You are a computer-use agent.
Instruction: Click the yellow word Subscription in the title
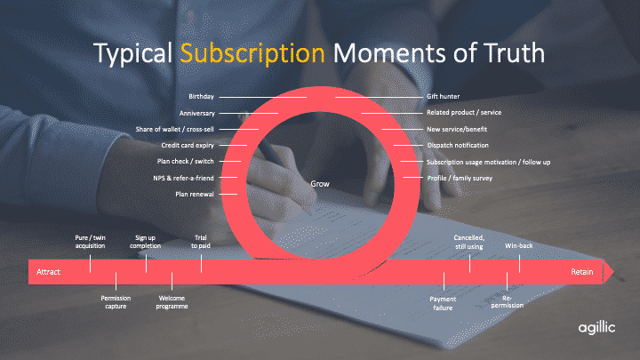[252, 54]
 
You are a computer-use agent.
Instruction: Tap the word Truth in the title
[515, 52]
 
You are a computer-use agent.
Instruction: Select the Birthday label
[201, 97]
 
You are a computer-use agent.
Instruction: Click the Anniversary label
[196, 113]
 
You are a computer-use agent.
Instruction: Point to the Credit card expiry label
[188, 145]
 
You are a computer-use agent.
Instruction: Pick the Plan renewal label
[195, 195]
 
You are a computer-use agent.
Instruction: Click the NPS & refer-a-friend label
[183, 178]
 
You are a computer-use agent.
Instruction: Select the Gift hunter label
[444, 97]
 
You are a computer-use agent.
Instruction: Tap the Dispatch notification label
[458, 145]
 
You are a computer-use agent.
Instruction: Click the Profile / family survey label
[460, 179]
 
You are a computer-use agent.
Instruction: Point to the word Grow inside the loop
[320, 184]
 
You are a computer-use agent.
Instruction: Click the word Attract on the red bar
[48, 272]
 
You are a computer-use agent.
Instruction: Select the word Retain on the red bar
[582, 272]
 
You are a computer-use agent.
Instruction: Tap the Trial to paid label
[201, 242]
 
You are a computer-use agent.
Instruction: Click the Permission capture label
[116, 302]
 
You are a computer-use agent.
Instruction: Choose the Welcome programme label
[172, 302]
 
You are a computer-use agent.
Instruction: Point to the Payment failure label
[443, 303]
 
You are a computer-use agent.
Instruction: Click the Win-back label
[519, 245]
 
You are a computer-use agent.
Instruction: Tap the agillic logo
[596, 328]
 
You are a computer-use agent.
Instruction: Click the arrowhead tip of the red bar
[613, 271]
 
